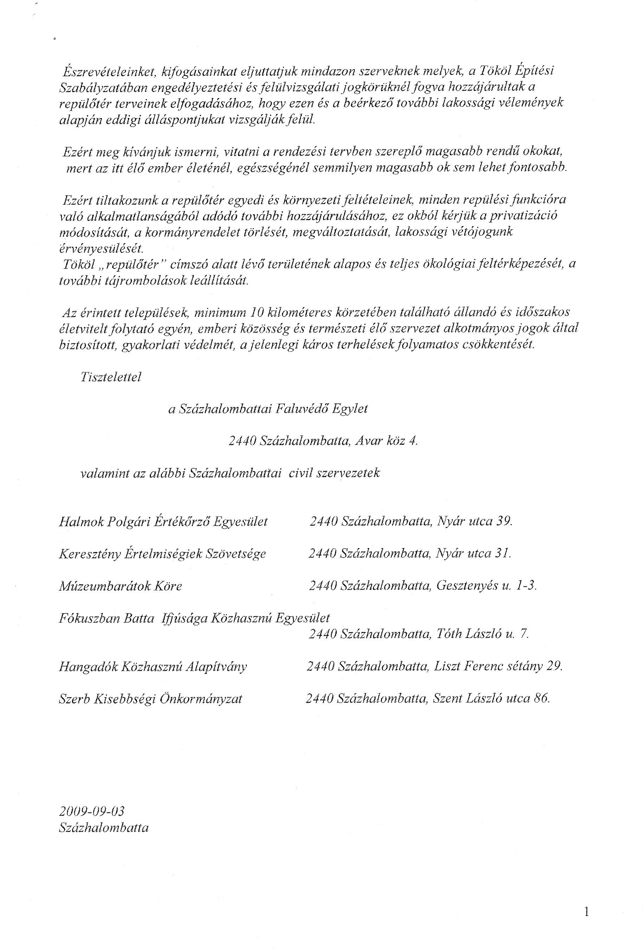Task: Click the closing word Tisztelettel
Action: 111,377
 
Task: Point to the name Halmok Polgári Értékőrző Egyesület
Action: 163,521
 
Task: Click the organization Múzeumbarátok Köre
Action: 121,586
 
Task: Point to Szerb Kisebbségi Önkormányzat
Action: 150,699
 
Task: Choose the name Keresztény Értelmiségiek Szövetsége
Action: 162,554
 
